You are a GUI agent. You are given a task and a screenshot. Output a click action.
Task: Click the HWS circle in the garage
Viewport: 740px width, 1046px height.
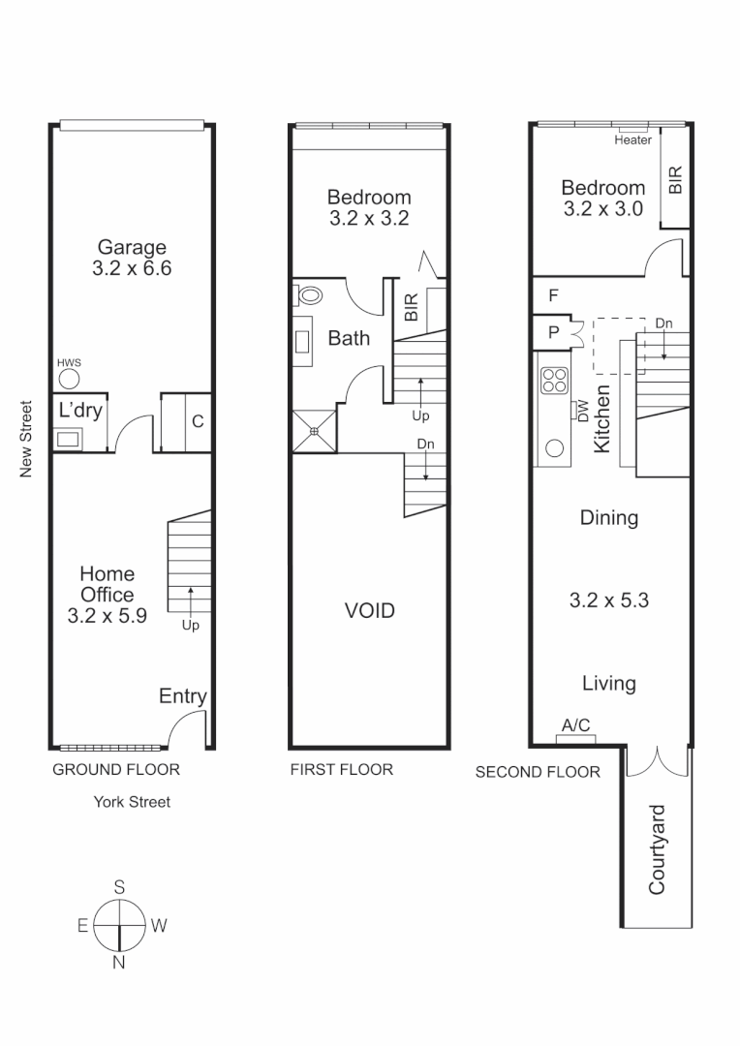(68, 379)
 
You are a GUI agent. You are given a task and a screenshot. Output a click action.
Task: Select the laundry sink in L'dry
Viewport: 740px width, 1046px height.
(69, 439)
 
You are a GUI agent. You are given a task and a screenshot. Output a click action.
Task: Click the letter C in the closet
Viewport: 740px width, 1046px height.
(197, 421)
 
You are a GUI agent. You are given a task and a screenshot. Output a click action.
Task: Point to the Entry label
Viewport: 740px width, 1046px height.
(182, 696)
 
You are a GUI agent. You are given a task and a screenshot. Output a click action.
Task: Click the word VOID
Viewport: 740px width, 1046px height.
(370, 611)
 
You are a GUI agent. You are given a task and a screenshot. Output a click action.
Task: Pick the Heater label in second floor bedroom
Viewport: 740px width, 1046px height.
(632, 140)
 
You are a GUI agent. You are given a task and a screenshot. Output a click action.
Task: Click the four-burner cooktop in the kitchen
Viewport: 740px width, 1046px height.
(556, 381)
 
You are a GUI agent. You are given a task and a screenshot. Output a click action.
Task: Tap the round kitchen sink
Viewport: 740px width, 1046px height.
(556, 447)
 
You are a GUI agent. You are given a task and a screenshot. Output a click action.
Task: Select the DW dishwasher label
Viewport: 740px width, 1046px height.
(583, 412)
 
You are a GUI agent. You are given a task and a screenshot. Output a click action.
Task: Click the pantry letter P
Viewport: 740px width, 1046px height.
(553, 332)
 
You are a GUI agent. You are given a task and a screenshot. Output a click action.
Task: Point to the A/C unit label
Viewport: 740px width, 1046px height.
(575, 725)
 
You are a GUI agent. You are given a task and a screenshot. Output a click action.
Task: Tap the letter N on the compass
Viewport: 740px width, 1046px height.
(119, 962)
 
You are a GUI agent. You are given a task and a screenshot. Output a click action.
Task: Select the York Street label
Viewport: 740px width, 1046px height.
(132, 801)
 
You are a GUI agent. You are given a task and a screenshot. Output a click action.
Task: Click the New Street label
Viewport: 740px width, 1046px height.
(27, 439)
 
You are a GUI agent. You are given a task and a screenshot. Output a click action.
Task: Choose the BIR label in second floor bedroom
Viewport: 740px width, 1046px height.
(675, 178)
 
